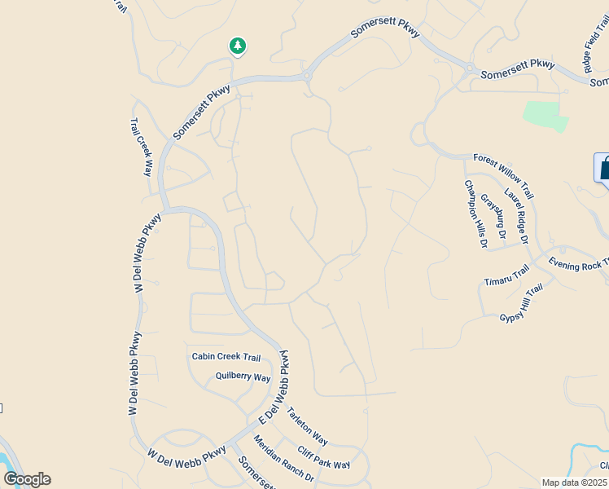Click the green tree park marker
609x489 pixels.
pyautogui.click(x=237, y=46)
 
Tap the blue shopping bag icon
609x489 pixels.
pyautogui.click(x=603, y=169)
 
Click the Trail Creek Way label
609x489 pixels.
pyautogui.click(x=142, y=148)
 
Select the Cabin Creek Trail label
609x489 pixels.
pyautogui.click(x=226, y=357)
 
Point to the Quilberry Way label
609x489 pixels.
pyautogui.click(x=243, y=377)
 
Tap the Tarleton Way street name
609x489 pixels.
pyautogui.click(x=307, y=426)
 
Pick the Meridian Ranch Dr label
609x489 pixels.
pyautogui.click(x=283, y=457)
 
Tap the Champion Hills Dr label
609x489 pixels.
pyautogui.click(x=475, y=214)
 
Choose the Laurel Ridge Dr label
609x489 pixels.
pyautogui.click(x=516, y=217)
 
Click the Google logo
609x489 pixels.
pyautogui.click(x=27, y=479)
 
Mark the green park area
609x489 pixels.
pyautogui.click(x=545, y=116)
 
